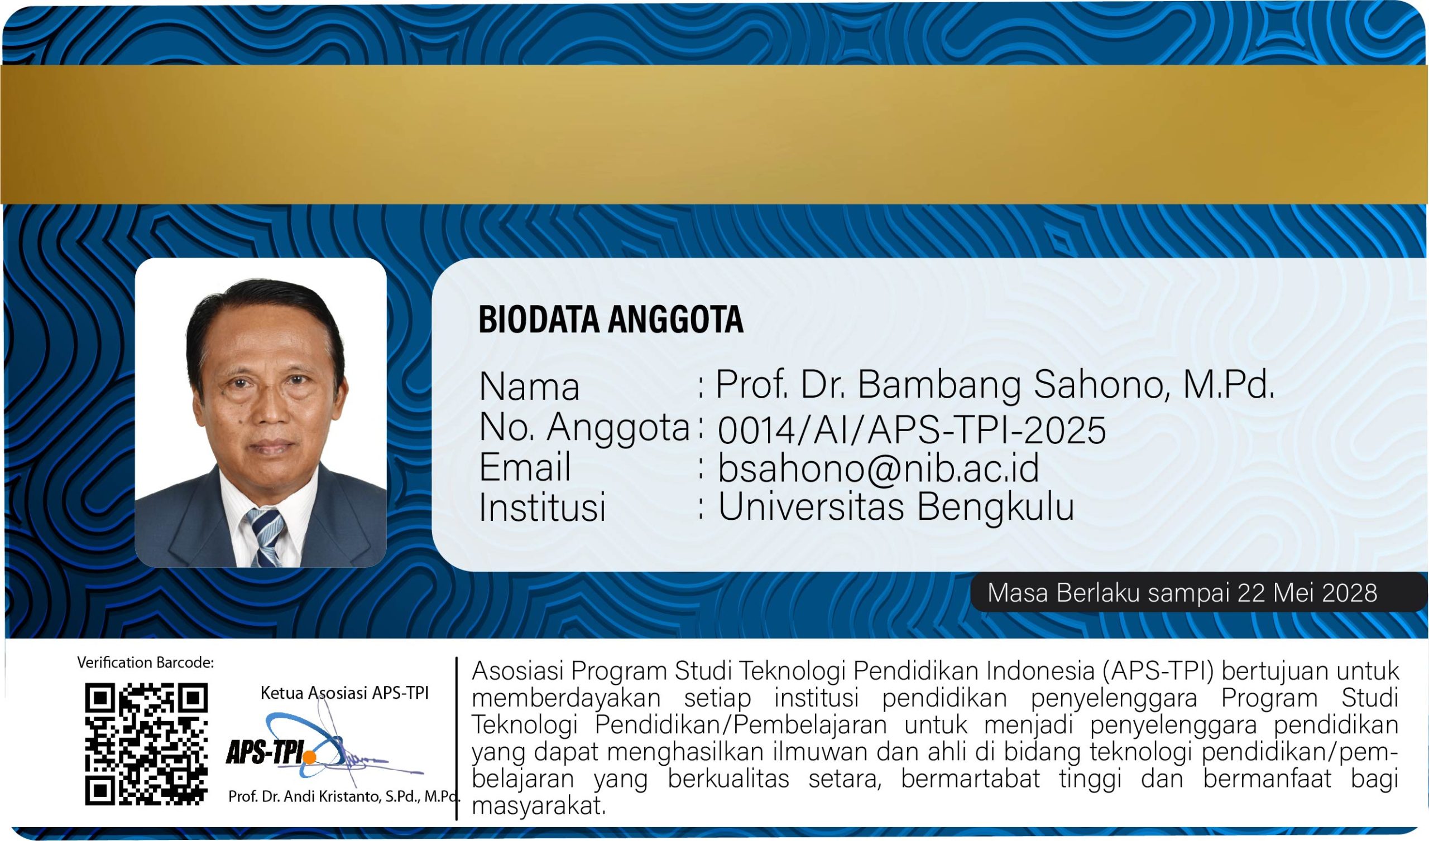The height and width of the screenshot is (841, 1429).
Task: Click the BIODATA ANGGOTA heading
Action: pyautogui.click(x=611, y=319)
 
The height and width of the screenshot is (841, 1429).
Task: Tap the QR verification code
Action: pyautogui.click(x=146, y=744)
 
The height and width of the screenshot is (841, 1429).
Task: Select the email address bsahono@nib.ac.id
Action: pyautogui.click(x=879, y=468)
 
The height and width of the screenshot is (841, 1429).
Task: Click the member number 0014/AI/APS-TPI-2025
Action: pyautogui.click(x=912, y=429)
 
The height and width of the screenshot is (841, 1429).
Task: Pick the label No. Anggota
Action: pyautogui.click(x=584, y=428)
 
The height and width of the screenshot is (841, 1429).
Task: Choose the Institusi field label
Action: pyautogui.click(x=542, y=506)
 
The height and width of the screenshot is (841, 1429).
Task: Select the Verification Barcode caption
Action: pyautogui.click(x=146, y=663)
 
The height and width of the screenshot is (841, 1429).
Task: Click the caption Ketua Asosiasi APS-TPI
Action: pyautogui.click(x=344, y=693)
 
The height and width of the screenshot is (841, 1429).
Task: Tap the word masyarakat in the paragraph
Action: pyautogui.click(x=539, y=805)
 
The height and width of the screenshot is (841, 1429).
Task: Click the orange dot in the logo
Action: pyautogui.click(x=310, y=757)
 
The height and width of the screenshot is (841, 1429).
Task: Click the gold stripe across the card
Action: pyautogui.click(x=714, y=134)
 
